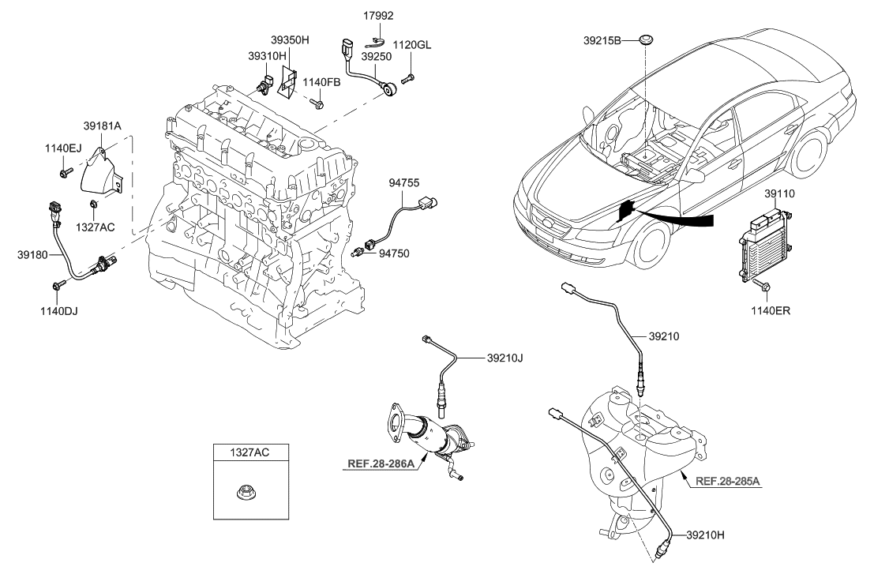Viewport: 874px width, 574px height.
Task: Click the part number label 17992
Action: click(x=378, y=15)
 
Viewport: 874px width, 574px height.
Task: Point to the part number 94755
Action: click(x=404, y=183)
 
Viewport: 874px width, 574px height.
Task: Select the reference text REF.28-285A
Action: click(x=727, y=481)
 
